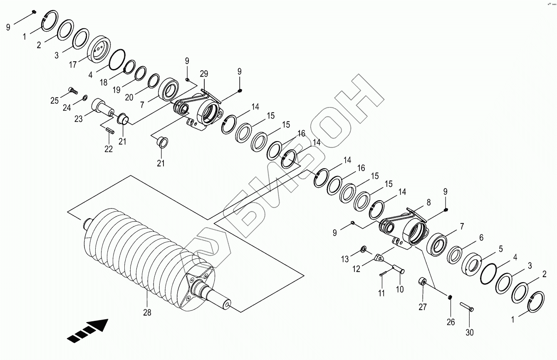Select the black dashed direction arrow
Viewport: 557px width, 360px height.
click(x=87, y=331)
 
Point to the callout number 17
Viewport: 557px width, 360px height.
click(x=73, y=65)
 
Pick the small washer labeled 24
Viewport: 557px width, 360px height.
click(x=85, y=98)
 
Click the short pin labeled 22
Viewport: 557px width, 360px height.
click(x=110, y=131)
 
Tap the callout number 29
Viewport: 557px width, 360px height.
click(x=203, y=74)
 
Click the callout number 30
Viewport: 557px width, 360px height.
click(x=470, y=333)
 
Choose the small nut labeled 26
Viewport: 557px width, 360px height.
click(x=450, y=297)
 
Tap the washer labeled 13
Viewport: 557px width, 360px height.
click(x=363, y=249)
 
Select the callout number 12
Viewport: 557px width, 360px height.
click(x=357, y=269)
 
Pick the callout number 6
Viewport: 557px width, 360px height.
click(x=481, y=238)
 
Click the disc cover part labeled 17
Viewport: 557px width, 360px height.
click(x=99, y=49)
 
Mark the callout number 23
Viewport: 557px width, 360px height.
click(x=78, y=119)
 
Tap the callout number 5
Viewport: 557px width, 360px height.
click(x=500, y=249)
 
